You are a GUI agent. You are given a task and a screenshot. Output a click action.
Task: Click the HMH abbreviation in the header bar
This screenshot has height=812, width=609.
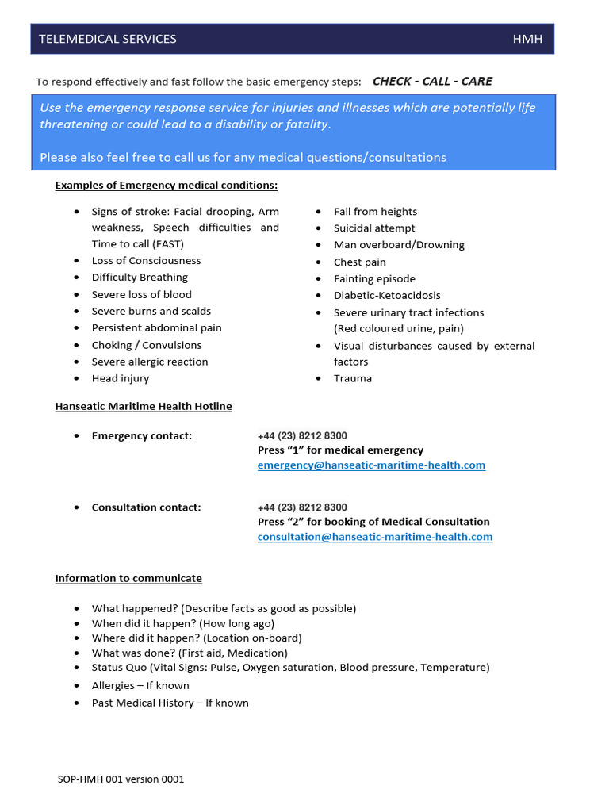pyautogui.click(x=527, y=39)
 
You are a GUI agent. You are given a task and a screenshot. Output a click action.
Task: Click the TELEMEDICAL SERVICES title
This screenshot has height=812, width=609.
pyautogui.click(x=108, y=39)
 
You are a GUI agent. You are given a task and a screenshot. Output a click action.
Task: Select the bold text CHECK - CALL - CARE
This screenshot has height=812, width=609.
pyautogui.click(x=432, y=81)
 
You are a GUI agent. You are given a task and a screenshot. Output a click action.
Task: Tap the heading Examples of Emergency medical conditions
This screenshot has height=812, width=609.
pyautogui.click(x=167, y=186)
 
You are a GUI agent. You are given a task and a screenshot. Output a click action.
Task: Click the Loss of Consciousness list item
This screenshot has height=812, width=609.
pyautogui.click(x=146, y=261)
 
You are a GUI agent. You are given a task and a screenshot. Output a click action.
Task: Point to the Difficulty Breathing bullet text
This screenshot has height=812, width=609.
pyautogui.click(x=140, y=278)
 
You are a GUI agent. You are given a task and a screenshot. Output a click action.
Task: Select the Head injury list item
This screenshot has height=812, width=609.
pyautogui.click(x=121, y=378)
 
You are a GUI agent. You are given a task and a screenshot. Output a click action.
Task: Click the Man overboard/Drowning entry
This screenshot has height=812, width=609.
pyautogui.click(x=399, y=245)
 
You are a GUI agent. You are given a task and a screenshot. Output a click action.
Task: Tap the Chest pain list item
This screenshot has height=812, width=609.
pyautogui.click(x=360, y=262)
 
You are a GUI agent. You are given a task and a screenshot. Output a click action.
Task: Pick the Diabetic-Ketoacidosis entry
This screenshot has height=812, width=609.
pyautogui.click(x=387, y=295)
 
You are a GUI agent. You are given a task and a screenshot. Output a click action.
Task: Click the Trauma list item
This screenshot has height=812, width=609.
pyautogui.click(x=353, y=378)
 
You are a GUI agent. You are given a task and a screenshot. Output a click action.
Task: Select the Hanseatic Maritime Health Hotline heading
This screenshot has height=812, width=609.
pyautogui.click(x=144, y=406)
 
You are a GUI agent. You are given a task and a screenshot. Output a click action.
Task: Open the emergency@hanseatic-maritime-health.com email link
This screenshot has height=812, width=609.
pyautogui.click(x=371, y=465)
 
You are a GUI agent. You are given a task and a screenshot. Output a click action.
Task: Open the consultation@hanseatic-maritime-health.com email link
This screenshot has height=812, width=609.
pyautogui.click(x=375, y=537)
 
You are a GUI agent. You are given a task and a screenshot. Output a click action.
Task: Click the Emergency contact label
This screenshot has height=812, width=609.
pyautogui.click(x=142, y=435)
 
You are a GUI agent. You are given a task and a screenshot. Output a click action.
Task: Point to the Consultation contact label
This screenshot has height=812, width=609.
pyautogui.click(x=146, y=507)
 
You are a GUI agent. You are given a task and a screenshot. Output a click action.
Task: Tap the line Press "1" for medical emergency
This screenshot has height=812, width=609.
pyautogui.click(x=340, y=450)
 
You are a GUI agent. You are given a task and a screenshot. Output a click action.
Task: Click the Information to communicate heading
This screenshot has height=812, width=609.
pyautogui.click(x=128, y=578)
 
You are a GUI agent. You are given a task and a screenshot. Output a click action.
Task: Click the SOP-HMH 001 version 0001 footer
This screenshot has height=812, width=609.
pyautogui.click(x=121, y=779)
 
